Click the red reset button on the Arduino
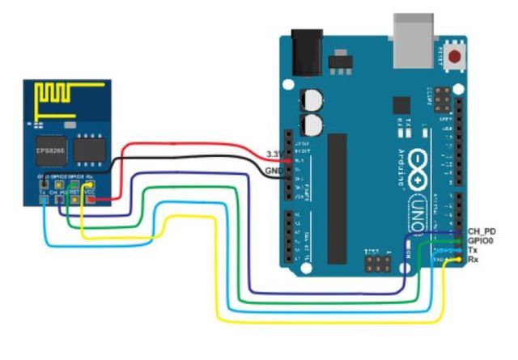click(x=456, y=57)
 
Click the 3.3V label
click(x=274, y=153)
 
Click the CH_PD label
click(x=482, y=232)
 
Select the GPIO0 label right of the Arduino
click(x=482, y=242)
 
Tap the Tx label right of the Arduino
click(x=473, y=252)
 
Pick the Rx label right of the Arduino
click(x=473, y=261)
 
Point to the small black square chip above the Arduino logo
click(x=400, y=106)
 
